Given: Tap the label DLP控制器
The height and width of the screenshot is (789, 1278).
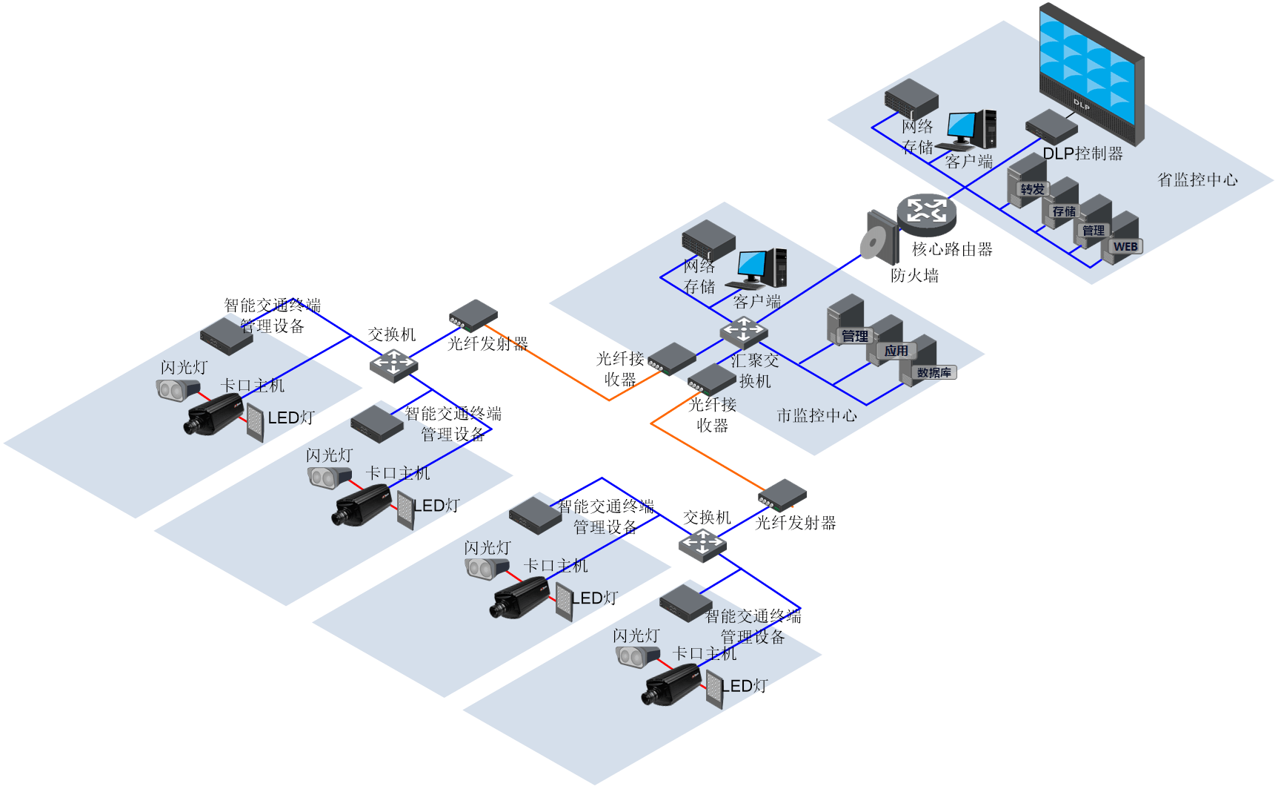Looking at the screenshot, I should [x=1082, y=153].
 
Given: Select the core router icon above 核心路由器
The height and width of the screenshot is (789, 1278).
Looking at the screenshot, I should [x=926, y=211].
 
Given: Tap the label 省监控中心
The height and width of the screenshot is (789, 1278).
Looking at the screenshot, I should [x=1197, y=179].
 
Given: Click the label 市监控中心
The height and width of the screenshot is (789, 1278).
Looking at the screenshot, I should [x=816, y=415].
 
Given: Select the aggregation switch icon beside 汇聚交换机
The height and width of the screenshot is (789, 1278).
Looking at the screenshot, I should [x=744, y=331].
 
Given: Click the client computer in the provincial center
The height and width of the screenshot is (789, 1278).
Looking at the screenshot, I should [x=971, y=130].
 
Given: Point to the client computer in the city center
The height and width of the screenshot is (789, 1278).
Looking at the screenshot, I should [x=759, y=268].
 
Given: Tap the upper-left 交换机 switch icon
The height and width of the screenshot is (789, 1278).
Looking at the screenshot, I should [x=393, y=364].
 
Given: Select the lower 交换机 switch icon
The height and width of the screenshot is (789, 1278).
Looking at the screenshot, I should [x=702, y=545].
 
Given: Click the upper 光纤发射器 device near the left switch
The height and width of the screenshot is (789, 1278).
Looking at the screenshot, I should [x=473, y=315].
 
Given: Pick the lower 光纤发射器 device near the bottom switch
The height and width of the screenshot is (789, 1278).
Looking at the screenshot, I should [x=782, y=495].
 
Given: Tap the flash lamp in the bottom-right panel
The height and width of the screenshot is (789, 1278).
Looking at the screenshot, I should [x=636, y=656].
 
